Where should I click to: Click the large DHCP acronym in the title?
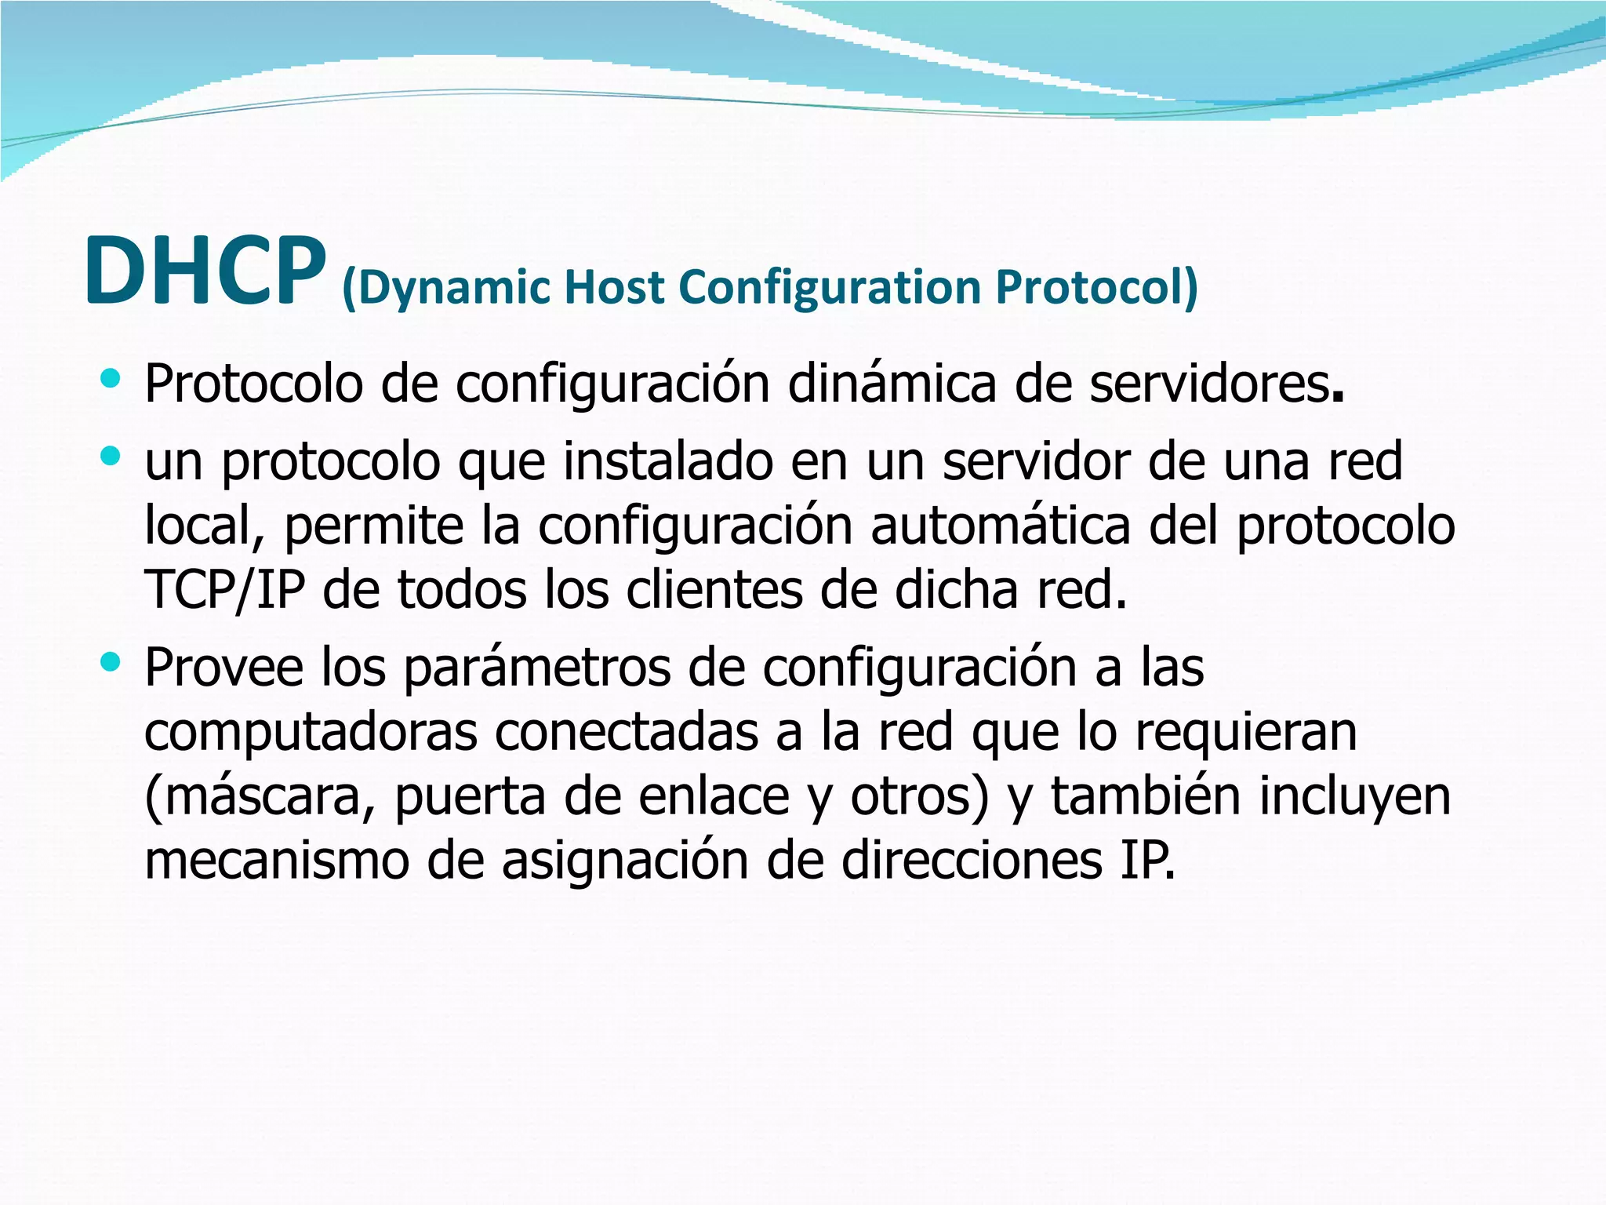coord(205,271)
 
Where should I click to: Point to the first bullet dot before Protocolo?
coord(111,380)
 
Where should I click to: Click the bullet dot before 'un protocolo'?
coord(111,457)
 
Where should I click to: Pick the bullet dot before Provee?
coord(111,663)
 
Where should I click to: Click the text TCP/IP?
coord(224,590)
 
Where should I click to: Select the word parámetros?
coord(537,668)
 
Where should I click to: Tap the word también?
coord(1146,795)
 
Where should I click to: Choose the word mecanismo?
coord(277,861)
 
